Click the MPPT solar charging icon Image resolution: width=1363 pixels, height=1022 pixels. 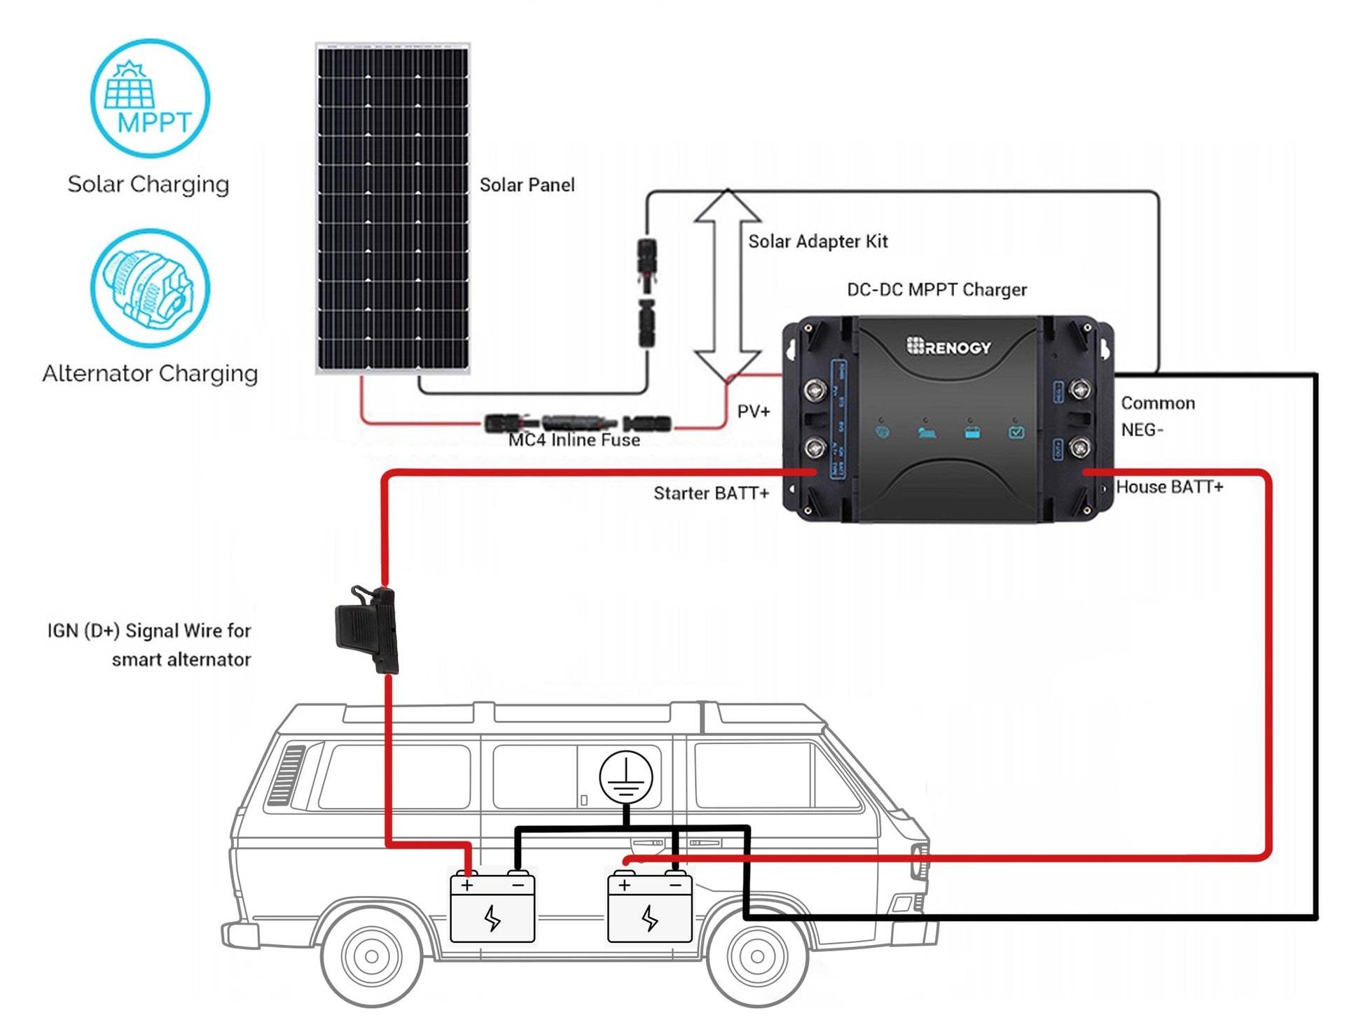point(150,98)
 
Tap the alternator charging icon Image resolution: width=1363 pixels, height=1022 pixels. point(150,288)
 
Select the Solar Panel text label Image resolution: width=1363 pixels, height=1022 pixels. point(527,185)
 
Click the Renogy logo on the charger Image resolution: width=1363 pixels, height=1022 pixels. point(949,346)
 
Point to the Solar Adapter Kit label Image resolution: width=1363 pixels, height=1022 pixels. point(817,241)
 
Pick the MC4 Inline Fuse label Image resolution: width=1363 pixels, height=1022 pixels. point(574,440)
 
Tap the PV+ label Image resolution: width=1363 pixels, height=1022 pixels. point(753,412)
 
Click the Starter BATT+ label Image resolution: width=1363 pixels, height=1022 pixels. point(711,493)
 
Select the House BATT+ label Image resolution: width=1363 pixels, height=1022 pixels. point(1169,487)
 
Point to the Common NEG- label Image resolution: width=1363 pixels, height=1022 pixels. point(1157,416)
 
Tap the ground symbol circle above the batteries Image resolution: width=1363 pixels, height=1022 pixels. point(625,778)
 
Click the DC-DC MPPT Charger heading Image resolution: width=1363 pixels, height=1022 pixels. point(936,290)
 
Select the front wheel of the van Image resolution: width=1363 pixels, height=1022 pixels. point(757,955)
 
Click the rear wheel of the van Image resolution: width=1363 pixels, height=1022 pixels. point(372,955)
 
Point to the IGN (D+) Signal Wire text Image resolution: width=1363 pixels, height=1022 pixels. point(148,645)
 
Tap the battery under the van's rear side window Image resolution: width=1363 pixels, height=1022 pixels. point(492,908)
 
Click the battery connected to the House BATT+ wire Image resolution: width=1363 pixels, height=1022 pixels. point(649,908)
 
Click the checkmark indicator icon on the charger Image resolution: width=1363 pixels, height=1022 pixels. point(1016,433)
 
